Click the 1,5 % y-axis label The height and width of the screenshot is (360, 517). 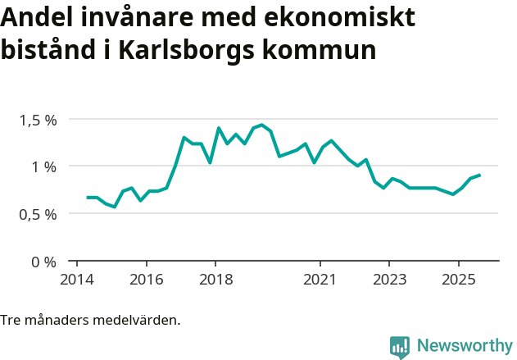point(38,120)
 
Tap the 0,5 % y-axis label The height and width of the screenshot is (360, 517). point(38,214)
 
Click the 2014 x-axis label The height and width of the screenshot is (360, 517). point(77,279)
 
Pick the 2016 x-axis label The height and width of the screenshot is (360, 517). point(146,279)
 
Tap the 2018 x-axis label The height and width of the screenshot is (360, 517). point(215,279)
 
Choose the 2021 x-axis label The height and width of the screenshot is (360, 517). point(320,279)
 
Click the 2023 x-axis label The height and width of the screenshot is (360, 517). point(388,279)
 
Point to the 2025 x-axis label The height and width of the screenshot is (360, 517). point(458,279)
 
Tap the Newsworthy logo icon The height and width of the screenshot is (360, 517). point(400,347)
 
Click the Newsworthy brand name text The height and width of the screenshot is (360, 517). point(464,346)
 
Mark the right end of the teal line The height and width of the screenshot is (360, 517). point(479,175)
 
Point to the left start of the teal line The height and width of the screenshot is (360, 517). point(88,198)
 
